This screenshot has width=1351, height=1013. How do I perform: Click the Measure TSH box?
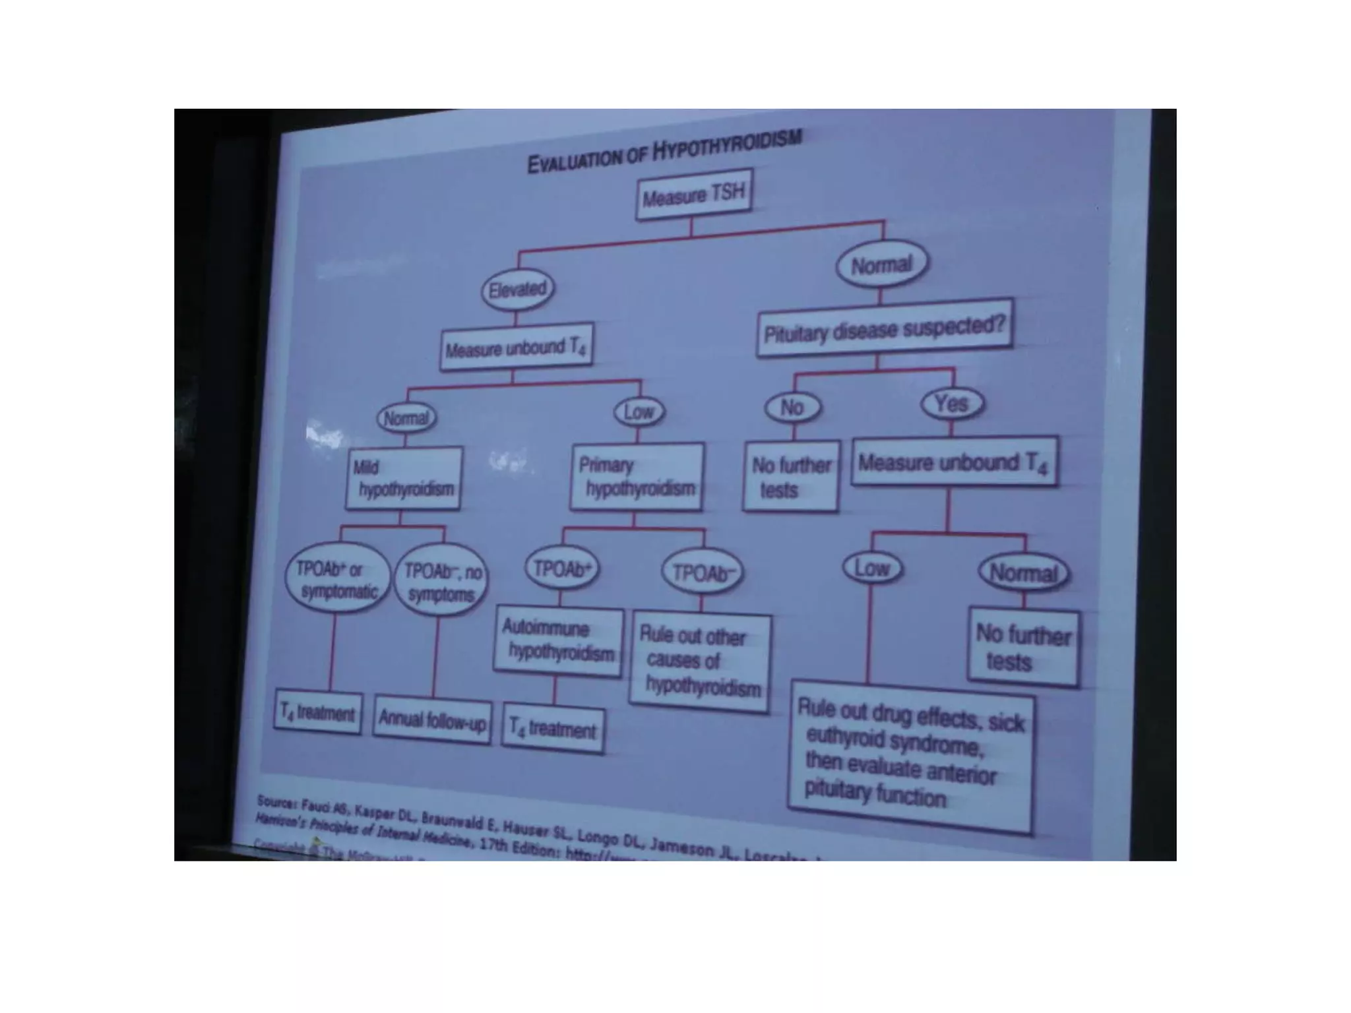[x=693, y=195]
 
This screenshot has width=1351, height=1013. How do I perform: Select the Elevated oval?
[x=517, y=289]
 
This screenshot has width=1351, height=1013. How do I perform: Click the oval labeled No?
[x=792, y=408]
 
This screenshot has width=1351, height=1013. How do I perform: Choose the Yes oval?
[x=951, y=403]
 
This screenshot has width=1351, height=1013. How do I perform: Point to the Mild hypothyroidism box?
[x=404, y=478]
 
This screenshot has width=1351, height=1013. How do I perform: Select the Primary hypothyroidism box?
[x=637, y=477]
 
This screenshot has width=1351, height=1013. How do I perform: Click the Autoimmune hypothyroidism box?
[x=558, y=640]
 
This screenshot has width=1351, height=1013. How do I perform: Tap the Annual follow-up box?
[x=432, y=720]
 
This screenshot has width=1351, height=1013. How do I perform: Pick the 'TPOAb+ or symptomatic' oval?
[x=336, y=579]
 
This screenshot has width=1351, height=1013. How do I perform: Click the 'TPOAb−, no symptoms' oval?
[x=441, y=581]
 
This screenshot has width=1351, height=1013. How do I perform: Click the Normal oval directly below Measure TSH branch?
[x=881, y=265]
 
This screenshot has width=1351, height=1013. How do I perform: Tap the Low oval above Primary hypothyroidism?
[x=639, y=412]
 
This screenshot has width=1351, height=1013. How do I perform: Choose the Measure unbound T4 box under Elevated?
[x=516, y=347]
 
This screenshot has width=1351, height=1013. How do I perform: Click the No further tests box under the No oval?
[x=790, y=477]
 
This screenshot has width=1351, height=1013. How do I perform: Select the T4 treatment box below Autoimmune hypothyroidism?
[x=552, y=729]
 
